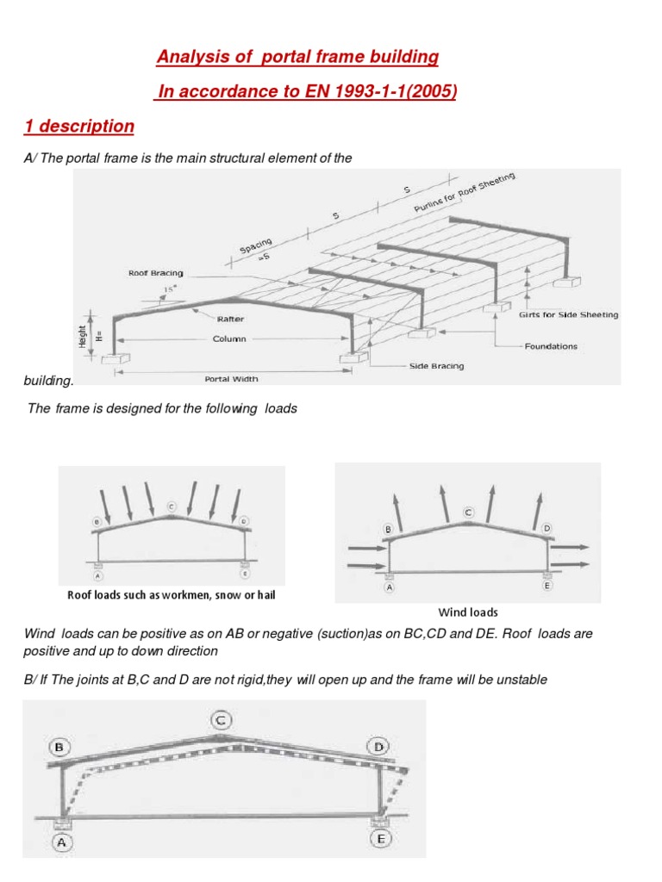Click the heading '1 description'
point(78,127)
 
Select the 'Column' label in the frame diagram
point(229,339)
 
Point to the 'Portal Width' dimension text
point(231,379)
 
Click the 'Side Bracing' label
point(436,366)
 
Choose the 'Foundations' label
point(551,346)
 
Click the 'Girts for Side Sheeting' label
point(568,315)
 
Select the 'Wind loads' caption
point(468,612)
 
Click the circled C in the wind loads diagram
point(468,512)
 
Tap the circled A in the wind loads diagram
point(390,587)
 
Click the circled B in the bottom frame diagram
point(59,748)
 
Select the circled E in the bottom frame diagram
point(381,838)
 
